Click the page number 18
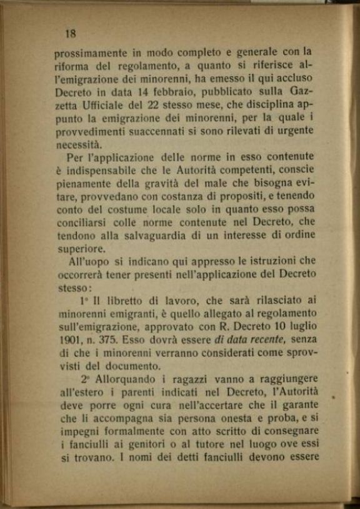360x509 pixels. click(x=70, y=33)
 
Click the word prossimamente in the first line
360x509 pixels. click(x=90, y=54)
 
